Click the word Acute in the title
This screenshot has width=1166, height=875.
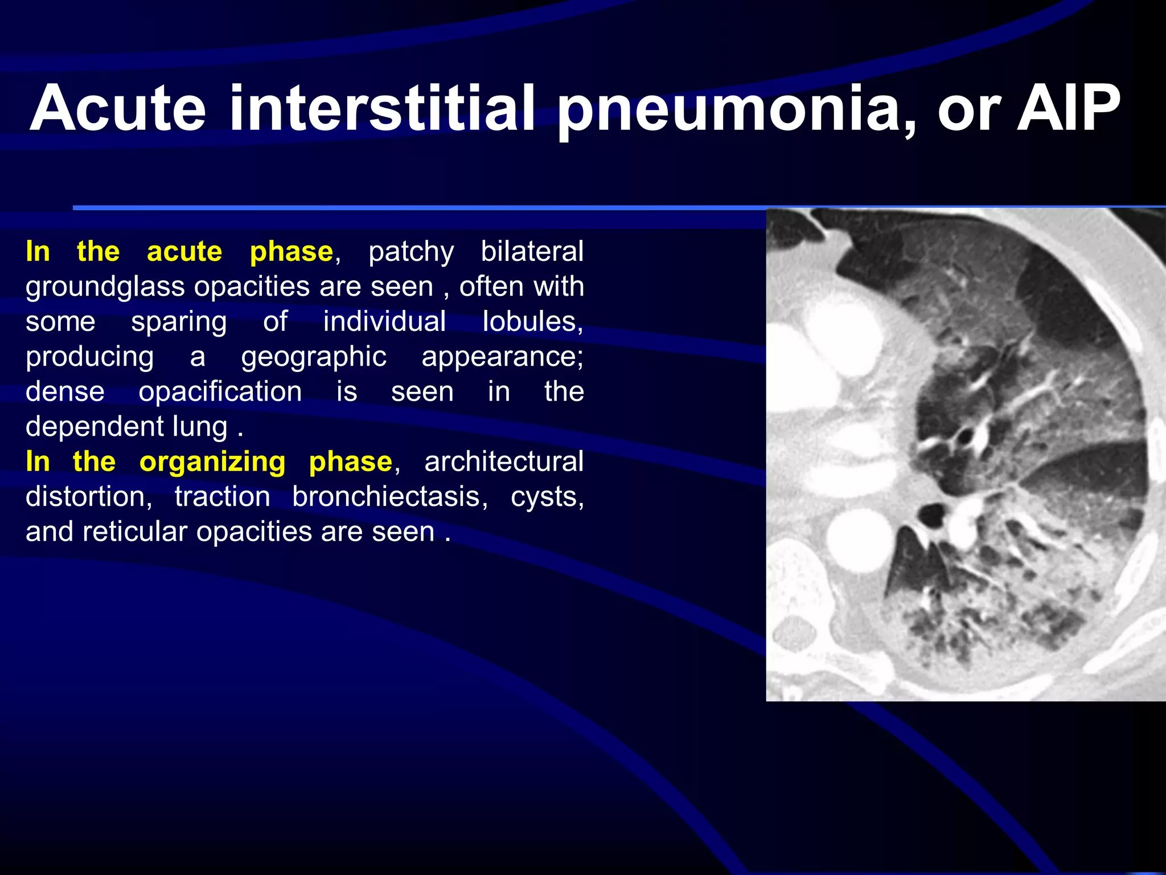118,108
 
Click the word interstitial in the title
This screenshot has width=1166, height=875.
381,108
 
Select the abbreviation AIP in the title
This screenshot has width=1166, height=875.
1068,108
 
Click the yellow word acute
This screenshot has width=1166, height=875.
184,251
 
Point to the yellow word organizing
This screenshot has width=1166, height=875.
212,461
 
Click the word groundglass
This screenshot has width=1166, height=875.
105,287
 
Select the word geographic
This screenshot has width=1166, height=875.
314,357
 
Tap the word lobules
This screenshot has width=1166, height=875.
532,321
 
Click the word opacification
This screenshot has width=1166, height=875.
220,392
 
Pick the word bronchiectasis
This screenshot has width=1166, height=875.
390,497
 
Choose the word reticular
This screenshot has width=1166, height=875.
134,532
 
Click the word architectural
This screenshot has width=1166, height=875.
503,461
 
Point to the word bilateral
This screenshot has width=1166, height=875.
532,251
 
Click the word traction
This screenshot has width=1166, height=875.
222,497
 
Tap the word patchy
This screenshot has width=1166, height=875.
411,251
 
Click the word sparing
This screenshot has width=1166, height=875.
179,322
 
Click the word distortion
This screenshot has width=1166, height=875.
89,497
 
